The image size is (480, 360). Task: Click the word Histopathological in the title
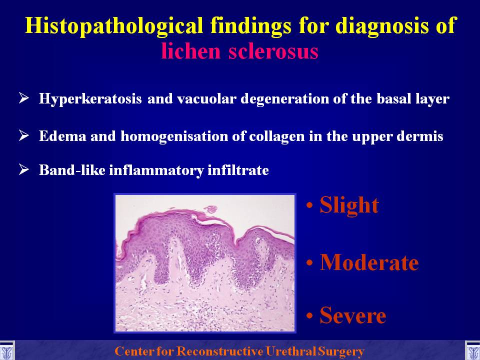(114, 25)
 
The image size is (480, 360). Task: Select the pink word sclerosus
(273, 51)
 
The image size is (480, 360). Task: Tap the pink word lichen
(190, 51)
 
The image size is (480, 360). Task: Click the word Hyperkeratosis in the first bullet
(90, 99)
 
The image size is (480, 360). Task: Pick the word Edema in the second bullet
(62, 136)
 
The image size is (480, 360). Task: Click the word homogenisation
(174, 136)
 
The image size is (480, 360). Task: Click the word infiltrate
(238, 170)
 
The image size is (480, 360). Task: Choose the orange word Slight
(349, 205)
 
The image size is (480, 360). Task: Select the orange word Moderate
(369, 262)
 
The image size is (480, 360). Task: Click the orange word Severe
(352, 315)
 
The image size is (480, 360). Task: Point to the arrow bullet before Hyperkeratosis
(24, 98)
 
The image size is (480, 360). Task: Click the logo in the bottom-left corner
(6, 350)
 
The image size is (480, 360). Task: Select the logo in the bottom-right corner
(472, 350)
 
